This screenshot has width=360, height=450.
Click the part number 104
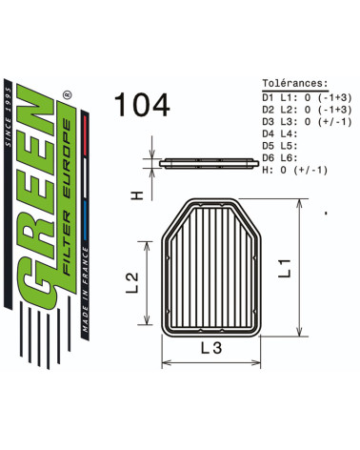pos(142,105)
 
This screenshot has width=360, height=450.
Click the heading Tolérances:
pos(295,83)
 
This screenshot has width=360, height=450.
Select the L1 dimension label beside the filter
pos(285,268)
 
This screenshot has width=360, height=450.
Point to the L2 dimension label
pos(132,282)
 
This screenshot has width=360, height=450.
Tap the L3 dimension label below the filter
pos(211,348)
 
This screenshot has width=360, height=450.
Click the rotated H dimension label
pos(137,194)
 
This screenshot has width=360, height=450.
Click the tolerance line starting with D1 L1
pos(307,97)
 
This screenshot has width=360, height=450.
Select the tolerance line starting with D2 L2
pos(307,110)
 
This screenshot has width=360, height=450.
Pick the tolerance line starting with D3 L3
pos(307,122)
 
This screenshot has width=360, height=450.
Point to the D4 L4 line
pos(280,133)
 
